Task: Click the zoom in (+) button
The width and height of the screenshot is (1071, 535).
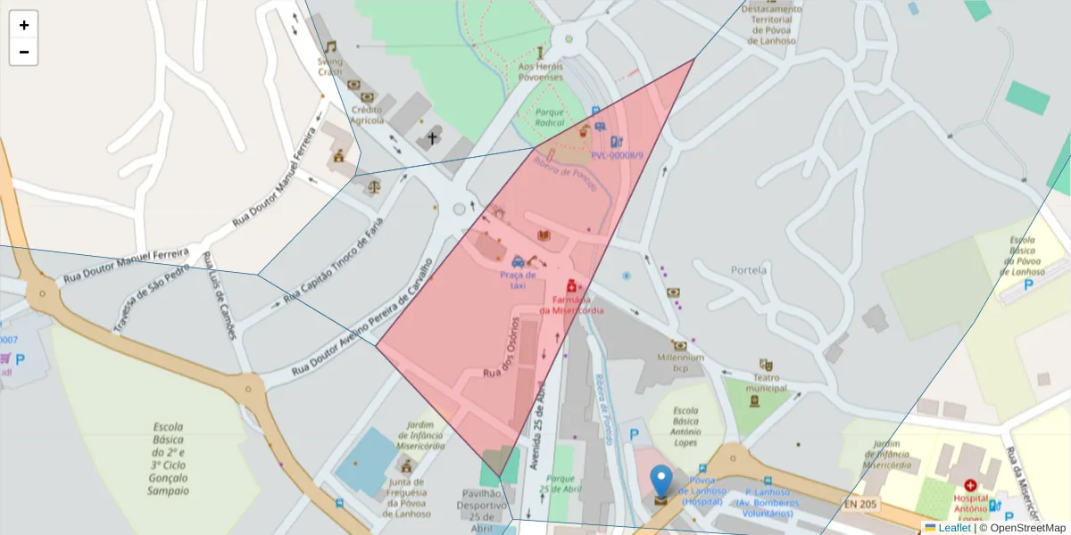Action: click(24, 25)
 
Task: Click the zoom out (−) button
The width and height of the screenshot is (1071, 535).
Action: click(24, 52)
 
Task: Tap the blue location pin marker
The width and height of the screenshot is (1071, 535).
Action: click(660, 481)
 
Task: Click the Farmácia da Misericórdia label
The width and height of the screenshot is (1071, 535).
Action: click(571, 304)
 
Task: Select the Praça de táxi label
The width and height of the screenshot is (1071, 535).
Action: click(518, 280)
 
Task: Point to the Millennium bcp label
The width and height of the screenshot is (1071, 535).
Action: click(680, 362)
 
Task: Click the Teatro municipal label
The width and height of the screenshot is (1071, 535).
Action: click(765, 383)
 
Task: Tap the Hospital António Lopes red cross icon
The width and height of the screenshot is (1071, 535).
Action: click(970, 487)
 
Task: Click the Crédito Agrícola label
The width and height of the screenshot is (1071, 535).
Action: click(368, 114)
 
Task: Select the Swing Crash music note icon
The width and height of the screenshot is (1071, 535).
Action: click(330, 46)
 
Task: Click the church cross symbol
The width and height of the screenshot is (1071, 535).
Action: click(433, 138)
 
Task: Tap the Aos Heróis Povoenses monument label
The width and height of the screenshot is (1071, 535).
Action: click(540, 71)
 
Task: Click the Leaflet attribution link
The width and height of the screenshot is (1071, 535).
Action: click(953, 528)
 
